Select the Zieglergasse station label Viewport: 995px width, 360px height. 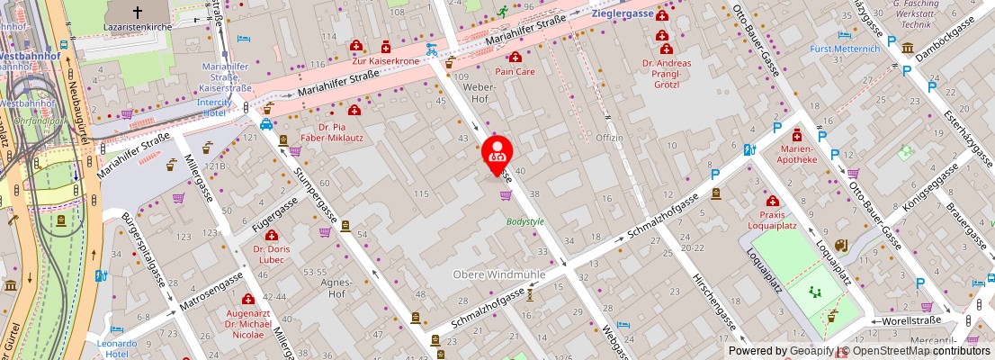click(622, 14)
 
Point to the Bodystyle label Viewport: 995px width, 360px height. click(525, 220)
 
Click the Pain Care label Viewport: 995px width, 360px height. click(515, 69)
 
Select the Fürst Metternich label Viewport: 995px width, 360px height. click(845, 49)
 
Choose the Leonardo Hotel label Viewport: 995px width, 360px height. click(116, 348)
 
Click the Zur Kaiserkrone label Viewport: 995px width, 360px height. click(386, 61)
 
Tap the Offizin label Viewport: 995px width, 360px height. click(609, 138)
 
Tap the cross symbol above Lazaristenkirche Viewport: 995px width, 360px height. click(138, 13)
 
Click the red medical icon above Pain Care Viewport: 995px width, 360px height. click(515, 57)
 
